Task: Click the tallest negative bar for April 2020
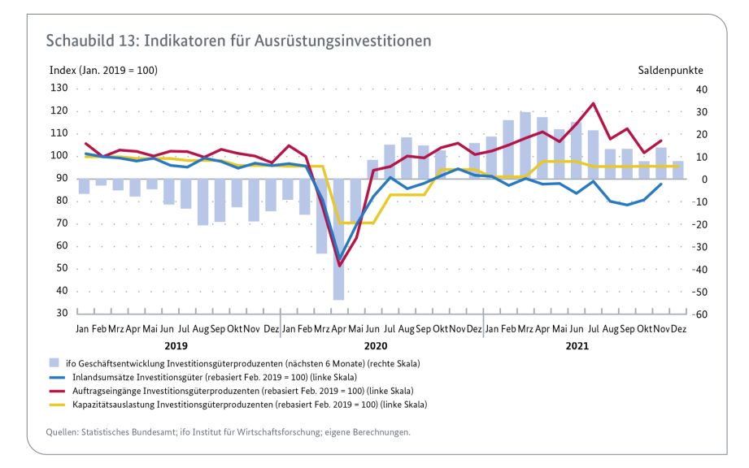(338, 240)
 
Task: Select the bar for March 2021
(525, 145)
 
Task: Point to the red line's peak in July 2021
(593, 103)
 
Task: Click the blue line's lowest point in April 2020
(339, 257)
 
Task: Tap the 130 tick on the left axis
(59, 88)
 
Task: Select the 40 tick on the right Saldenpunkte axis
(702, 89)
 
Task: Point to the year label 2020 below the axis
(376, 346)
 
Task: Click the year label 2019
(176, 346)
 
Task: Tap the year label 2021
(577, 346)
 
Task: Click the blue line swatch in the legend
(57, 377)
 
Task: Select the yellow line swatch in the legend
(57, 405)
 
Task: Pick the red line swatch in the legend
(57, 391)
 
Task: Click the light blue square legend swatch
(54, 363)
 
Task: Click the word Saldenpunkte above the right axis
(671, 71)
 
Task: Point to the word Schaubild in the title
(81, 41)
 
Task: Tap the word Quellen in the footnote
(62, 432)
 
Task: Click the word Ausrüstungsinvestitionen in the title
(342, 41)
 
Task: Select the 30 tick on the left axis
(62, 313)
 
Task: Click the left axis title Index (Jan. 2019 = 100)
(103, 71)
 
